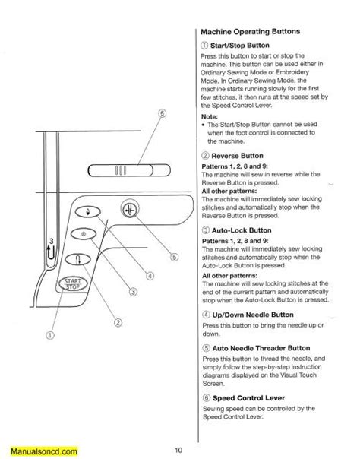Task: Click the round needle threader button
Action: pyautogui.click(x=131, y=210)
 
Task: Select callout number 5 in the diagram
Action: pyautogui.click(x=173, y=257)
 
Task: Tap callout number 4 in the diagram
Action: pyautogui.click(x=151, y=276)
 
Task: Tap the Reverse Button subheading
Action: pyautogui.click(x=242, y=154)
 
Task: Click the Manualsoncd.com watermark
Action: pyautogui.click(x=35, y=449)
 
